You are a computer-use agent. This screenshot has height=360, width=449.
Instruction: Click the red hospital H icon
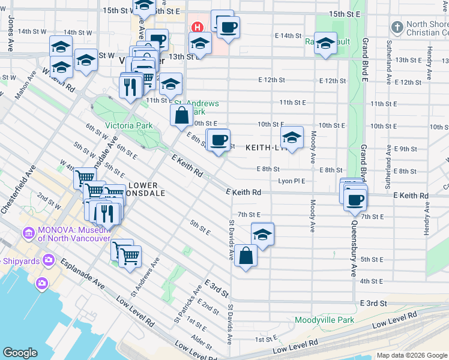[x=196, y=28]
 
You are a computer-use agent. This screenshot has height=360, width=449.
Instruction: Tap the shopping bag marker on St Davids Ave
[x=246, y=256]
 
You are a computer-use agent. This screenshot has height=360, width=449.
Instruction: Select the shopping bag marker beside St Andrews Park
[x=181, y=115]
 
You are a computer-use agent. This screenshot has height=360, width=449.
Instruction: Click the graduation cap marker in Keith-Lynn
[x=292, y=139]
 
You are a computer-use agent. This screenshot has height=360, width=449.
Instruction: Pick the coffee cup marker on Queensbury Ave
[x=355, y=199]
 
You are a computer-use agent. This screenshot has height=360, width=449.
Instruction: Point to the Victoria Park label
[x=128, y=126]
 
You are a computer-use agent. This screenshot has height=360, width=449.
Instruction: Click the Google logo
[x=20, y=353]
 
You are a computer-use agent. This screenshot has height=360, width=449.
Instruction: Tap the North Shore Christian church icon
[x=397, y=27]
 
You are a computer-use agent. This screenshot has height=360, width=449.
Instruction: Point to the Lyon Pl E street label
[x=292, y=181]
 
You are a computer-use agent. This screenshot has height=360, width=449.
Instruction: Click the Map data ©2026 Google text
[x=411, y=355]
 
